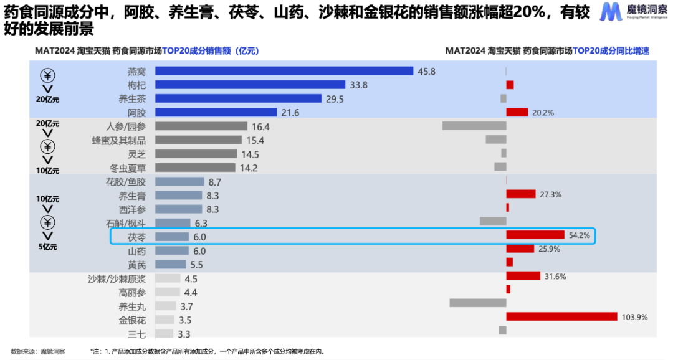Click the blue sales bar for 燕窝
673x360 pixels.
284,71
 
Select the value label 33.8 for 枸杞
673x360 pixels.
359,85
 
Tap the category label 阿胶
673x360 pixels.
136,113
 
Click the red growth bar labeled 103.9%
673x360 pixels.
561,317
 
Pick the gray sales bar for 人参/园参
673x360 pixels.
201,126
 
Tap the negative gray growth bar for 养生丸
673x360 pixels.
477,303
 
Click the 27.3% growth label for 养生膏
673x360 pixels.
550,194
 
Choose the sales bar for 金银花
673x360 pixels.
165,320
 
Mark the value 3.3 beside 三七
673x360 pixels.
184,334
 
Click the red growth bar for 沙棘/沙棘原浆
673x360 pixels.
523,276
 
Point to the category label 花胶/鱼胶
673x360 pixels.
126,182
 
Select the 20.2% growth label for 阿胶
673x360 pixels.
543,113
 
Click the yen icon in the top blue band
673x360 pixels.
48,76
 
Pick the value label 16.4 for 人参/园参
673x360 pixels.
260,126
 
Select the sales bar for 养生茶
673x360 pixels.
238,99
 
